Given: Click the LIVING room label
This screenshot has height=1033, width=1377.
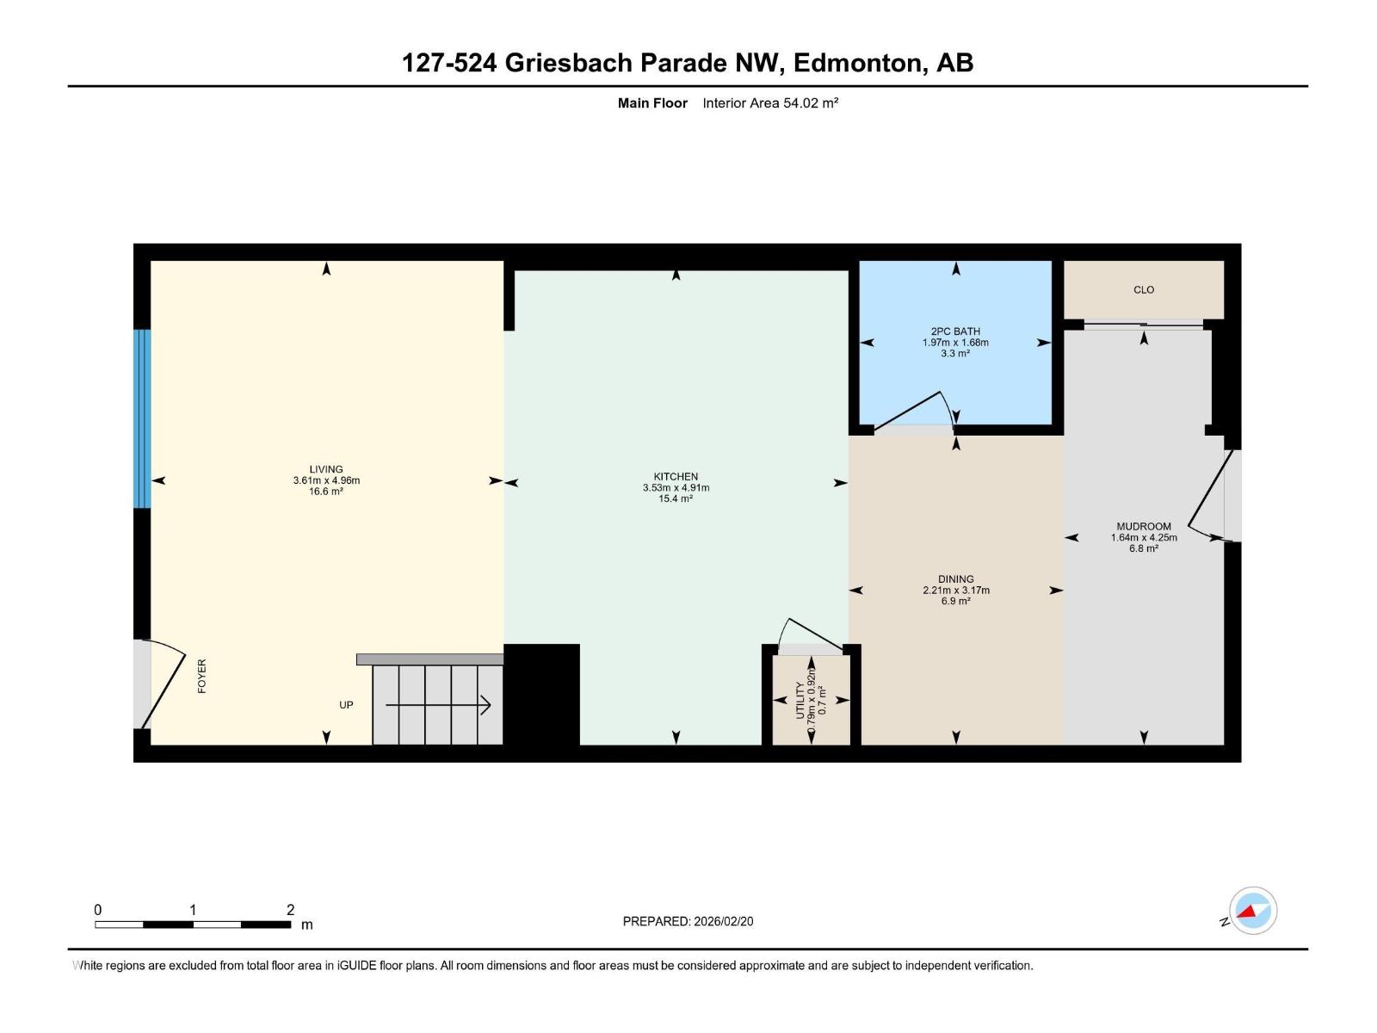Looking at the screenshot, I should (326, 469).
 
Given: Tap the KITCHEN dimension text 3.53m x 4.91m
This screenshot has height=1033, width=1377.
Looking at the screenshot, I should (675, 487).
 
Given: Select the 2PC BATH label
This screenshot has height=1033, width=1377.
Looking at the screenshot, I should (955, 331).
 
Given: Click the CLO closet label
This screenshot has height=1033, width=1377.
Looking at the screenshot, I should (1143, 290).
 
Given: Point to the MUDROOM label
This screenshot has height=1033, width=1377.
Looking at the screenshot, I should (1143, 526).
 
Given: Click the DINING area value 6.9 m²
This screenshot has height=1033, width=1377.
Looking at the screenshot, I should (955, 601).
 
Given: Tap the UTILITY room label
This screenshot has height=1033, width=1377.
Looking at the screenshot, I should (800, 700).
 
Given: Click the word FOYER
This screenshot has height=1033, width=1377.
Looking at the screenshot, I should (202, 677).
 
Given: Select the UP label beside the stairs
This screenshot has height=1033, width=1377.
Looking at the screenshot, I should (346, 705).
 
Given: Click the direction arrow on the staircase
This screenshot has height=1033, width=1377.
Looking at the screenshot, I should (438, 706).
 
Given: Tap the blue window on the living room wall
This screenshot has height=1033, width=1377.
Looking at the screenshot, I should (142, 419).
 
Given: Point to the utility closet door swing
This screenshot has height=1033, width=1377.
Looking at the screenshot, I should (809, 634).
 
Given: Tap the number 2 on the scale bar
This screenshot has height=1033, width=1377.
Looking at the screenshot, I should (290, 910).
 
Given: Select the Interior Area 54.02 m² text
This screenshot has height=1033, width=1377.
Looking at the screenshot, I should (770, 103).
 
